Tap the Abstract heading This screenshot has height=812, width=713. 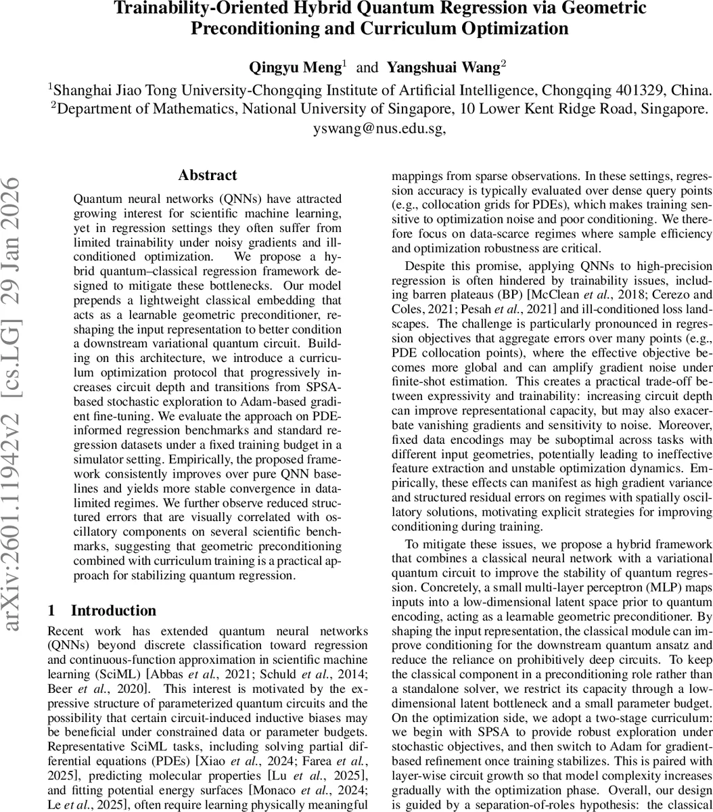coord(208,175)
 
